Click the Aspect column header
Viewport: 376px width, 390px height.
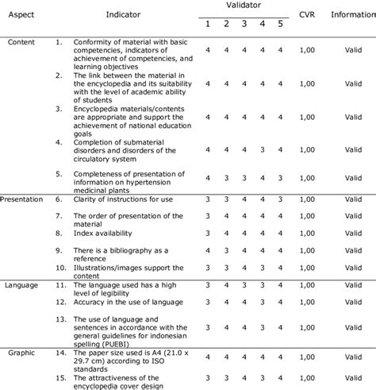click(x=21, y=15)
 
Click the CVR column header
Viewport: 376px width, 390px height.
click(x=306, y=15)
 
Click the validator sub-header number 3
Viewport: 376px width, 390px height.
click(x=244, y=24)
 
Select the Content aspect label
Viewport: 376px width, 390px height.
click(x=21, y=41)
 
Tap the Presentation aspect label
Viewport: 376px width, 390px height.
click(x=24, y=198)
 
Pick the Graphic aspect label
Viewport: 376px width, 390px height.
click(x=21, y=350)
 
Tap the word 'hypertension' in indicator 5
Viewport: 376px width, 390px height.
click(x=156, y=180)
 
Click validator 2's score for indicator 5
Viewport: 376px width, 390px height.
click(x=226, y=177)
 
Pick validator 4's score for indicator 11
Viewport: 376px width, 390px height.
click(x=262, y=284)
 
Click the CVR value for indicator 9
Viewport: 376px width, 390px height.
click(x=306, y=249)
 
